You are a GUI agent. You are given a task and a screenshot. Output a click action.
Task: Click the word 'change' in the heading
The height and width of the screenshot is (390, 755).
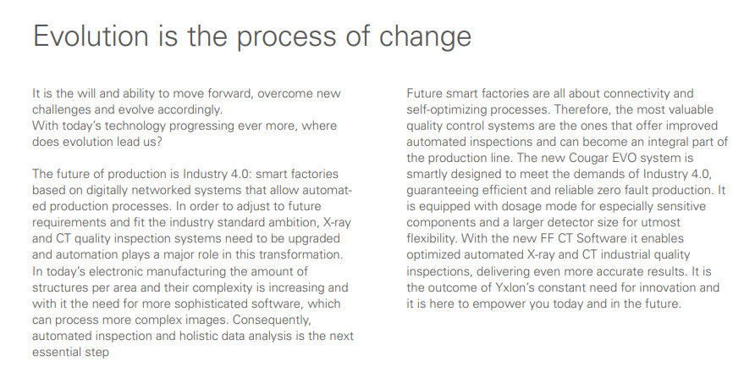pyautogui.click(x=425, y=37)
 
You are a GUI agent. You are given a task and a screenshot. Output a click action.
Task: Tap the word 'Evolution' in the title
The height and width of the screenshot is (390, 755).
pyautogui.click(x=91, y=36)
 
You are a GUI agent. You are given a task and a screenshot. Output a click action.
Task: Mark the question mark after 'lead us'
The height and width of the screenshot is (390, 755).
pyautogui.click(x=159, y=142)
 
